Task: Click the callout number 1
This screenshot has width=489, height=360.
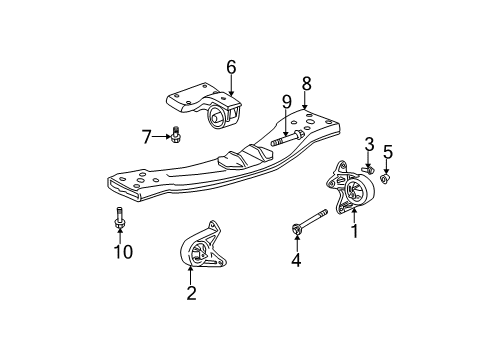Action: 353,230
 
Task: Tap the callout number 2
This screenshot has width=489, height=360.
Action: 192,293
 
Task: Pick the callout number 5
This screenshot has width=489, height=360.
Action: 388,153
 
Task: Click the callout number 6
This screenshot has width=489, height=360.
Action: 231,67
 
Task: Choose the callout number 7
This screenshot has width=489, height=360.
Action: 146,135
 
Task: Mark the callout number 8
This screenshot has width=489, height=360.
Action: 306,85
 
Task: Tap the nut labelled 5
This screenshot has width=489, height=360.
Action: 388,179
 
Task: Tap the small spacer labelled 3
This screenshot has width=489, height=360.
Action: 368,170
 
